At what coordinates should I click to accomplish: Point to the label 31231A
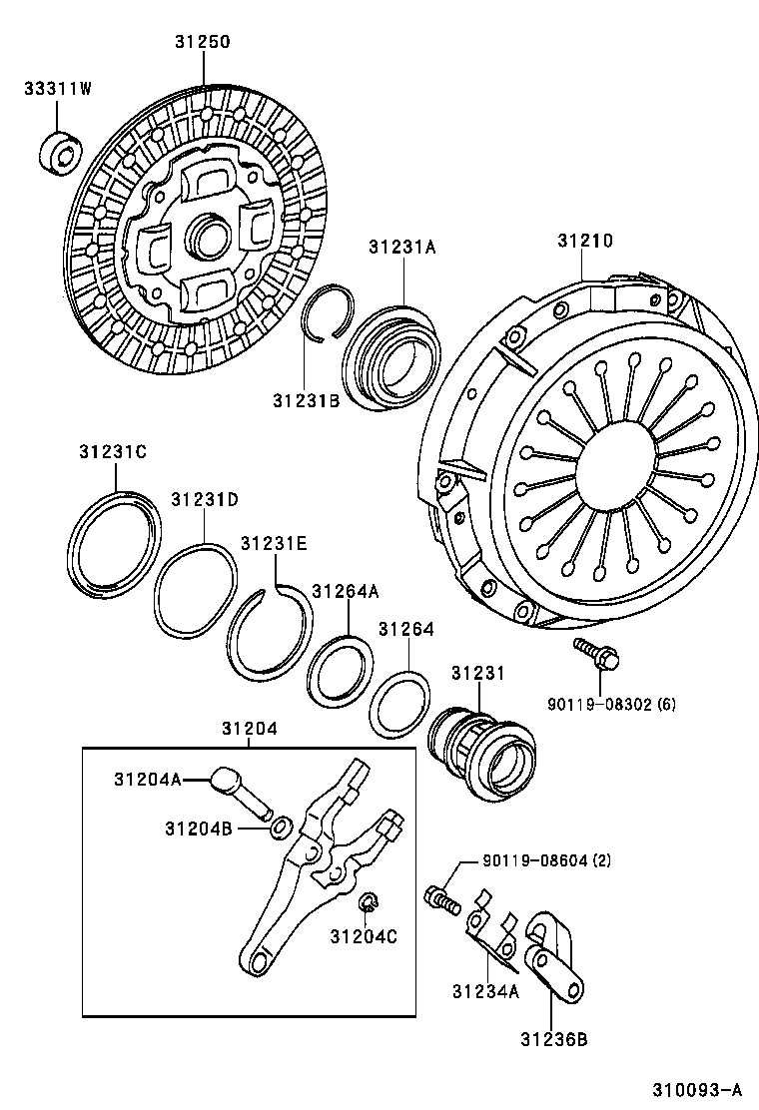click(x=402, y=248)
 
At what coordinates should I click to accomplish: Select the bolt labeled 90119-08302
click(x=597, y=653)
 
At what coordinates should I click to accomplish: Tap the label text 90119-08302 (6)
click(x=611, y=704)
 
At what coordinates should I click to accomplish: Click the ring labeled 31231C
click(x=118, y=545)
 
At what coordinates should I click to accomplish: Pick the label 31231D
click(x=204, y=499)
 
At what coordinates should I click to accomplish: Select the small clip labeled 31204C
click(x=367, y=902)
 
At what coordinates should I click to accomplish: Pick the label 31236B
click(x=552, y=1039)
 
